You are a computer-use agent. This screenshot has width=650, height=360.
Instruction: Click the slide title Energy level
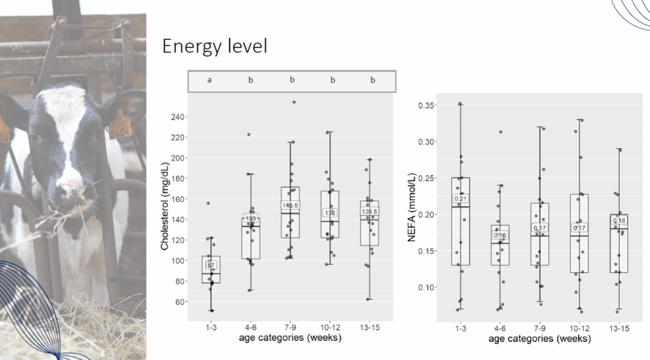[215, 46]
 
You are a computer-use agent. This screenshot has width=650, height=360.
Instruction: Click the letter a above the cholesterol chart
[209, 81]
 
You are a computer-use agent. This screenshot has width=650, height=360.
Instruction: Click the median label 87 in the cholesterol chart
[211, 265]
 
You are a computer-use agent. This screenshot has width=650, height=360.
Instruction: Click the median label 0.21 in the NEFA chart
[460, 199]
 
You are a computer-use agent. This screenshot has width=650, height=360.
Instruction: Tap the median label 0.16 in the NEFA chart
[500, 236]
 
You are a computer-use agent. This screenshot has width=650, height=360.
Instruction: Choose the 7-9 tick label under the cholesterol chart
[291, 327]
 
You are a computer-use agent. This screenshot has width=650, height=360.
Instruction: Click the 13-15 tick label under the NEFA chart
[620, 328]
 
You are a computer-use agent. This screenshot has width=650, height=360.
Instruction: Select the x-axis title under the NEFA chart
[540, 339]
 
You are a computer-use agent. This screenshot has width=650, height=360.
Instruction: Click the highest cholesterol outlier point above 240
[293, 102]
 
